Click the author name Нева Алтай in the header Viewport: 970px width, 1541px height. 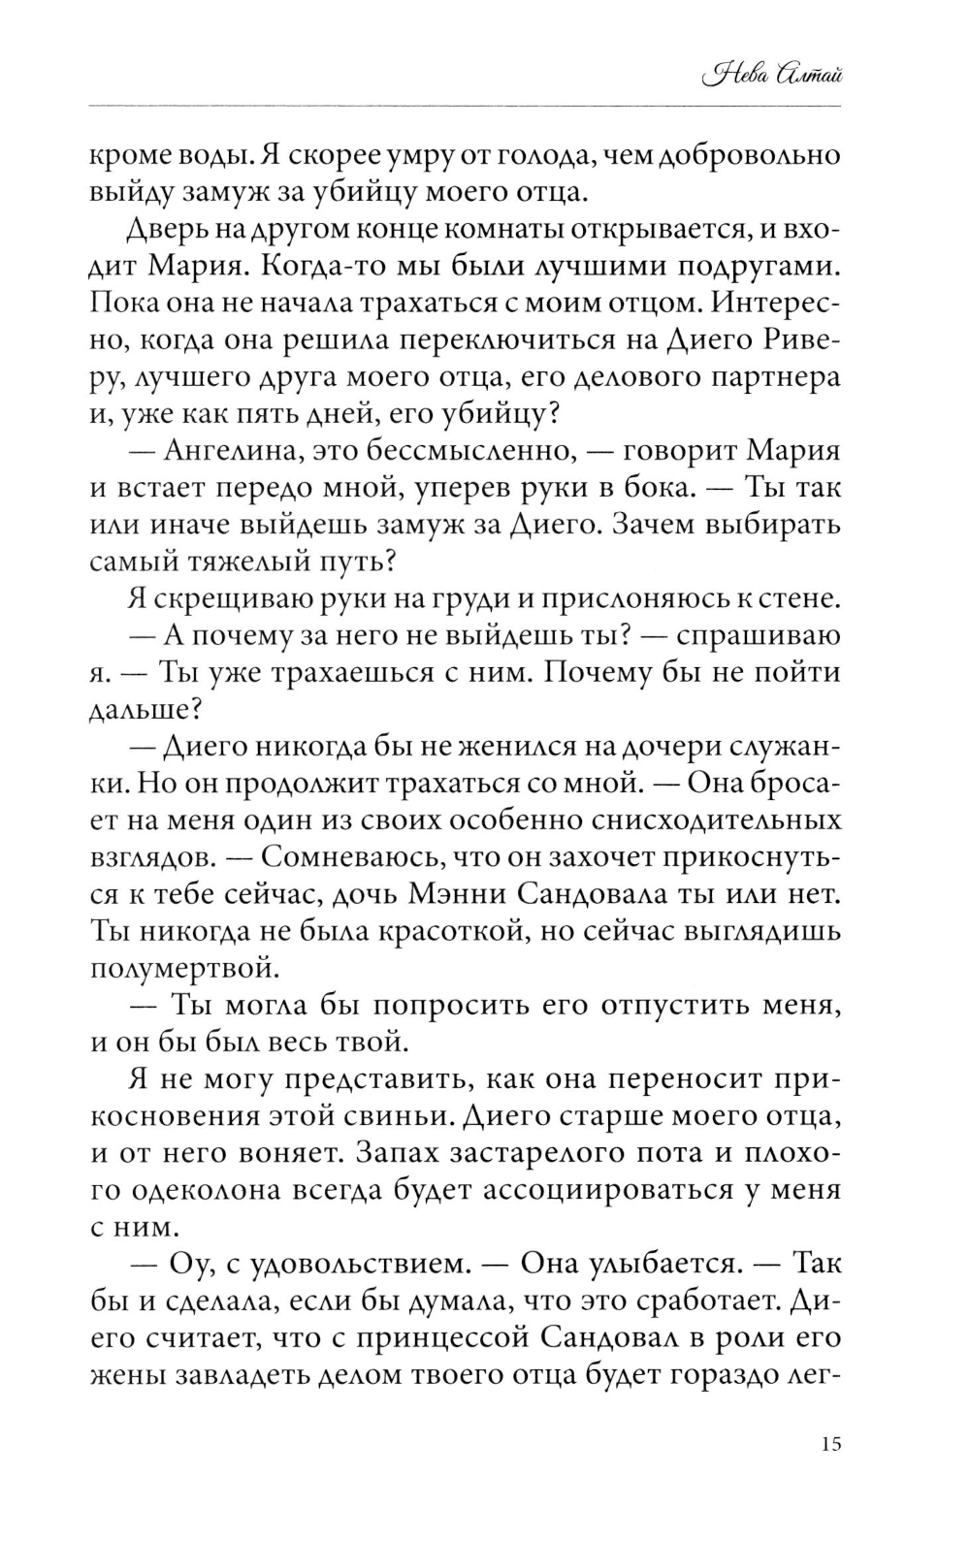click(x=772, y=75)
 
